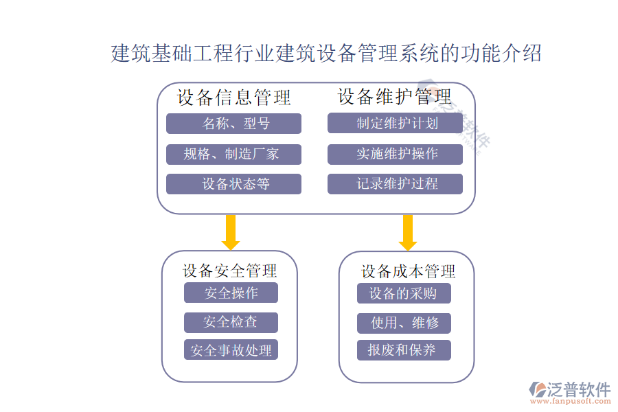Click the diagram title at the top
pyautogui.click(x=326, y=53)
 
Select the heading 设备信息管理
pyautogui.click(x=234, y=98)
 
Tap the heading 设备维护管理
pyautogui.click(x=395, y=96)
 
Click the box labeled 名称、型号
pyautogui.click(x=233, y=124)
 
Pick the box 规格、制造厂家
pyautogui.click(x=233, y=154)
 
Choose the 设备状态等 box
pyautogui.click(x=233, y=184)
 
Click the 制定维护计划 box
pyautogui.click(x=395, y=124)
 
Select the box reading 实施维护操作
pyautogui.click(x=395, y=154)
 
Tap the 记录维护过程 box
pyautogui.click(x=395, y=184)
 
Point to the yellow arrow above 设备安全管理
pyautogui.click(x=231, y=232)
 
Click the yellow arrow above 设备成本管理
pyautogui.click(x=408, y=232)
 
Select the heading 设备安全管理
pyautogui.click(x=230, y=271)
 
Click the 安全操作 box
pyautogui.click(x=231, y=293)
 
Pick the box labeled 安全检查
pyautogui.click(x=231, y=321)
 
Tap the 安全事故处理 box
pyautogui.click(x=231, y=350)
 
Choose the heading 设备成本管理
pyautogui.click(x=408, y=271)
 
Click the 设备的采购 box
pyautogui.click(x=404, y=293)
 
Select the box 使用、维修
pyautogui.click(x=404, y=322)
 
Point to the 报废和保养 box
pyautogui.click(x=404, y=350)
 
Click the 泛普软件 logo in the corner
pyautogui.click(x=570, y=391)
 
